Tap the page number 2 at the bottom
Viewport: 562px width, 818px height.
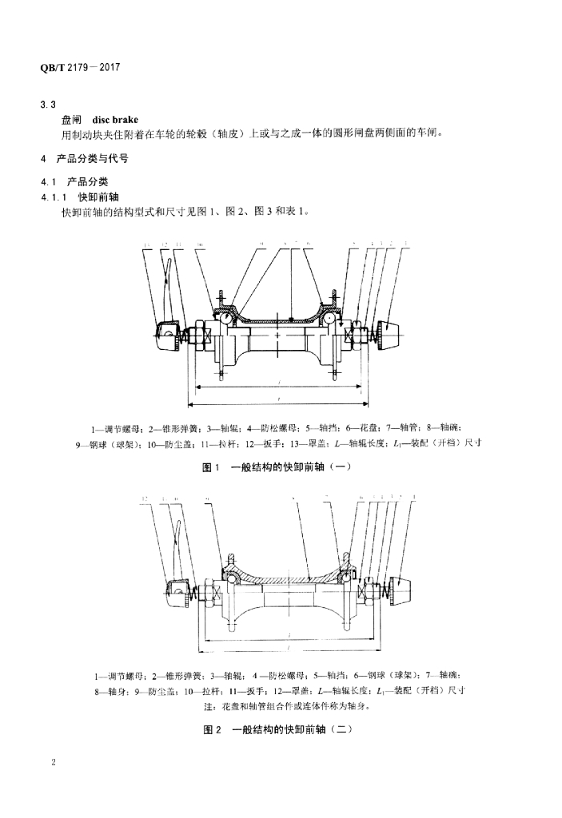53,763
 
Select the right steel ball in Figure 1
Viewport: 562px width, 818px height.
329,318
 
